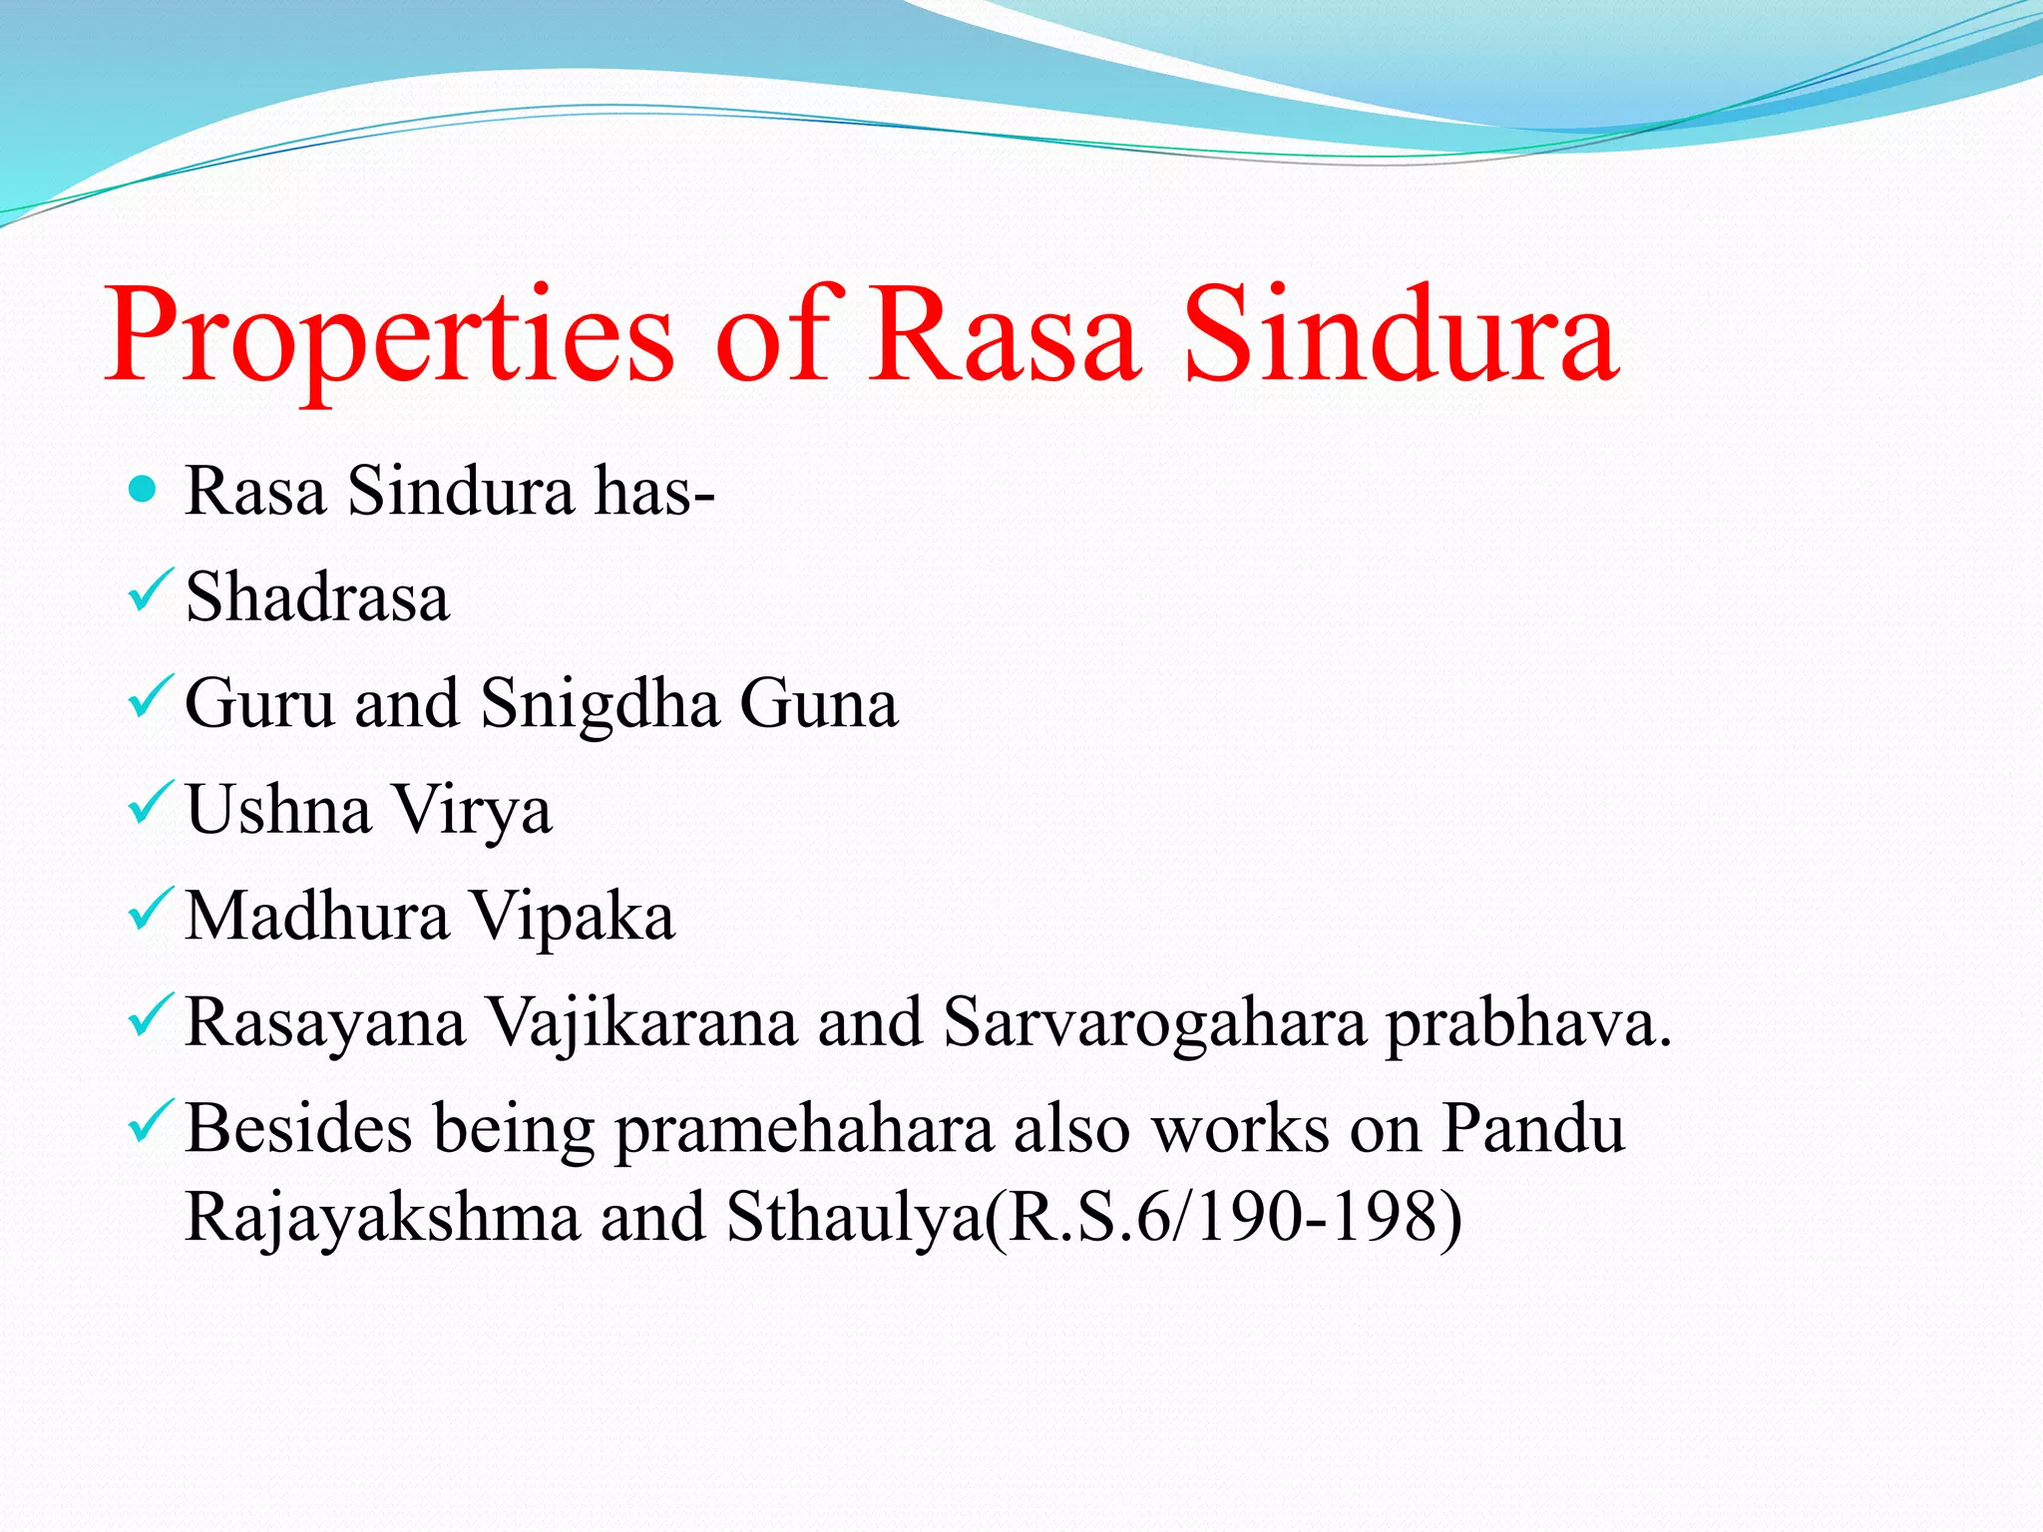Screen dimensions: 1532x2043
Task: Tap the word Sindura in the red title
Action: pos(1401,337)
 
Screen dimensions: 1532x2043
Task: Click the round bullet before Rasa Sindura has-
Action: pos(144,489)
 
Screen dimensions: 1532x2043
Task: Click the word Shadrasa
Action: pos(317,596)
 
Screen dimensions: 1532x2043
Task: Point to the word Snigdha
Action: pos(600,703)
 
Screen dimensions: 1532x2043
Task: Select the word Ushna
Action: pos(278,809)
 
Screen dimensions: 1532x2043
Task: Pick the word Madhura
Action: pos(317,916)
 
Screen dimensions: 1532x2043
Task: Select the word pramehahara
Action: pos(804,1131)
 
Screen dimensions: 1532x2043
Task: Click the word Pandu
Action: pos(1534,1129)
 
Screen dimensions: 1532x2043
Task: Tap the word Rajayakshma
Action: pos(383,1218)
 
